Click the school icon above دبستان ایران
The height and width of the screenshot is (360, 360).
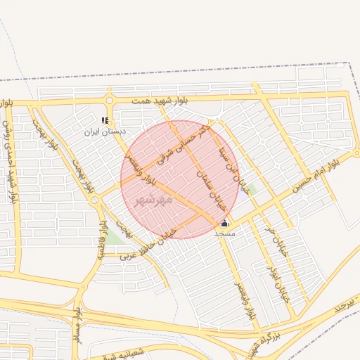click(x=105, y=120)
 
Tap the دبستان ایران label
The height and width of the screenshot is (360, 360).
click(x=104, y=131)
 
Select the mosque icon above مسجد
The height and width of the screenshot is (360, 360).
click(x=225, y=223)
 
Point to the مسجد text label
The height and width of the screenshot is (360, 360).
click(x=225, y=233)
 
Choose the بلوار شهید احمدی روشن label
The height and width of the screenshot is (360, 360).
click(x=8, y=152)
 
